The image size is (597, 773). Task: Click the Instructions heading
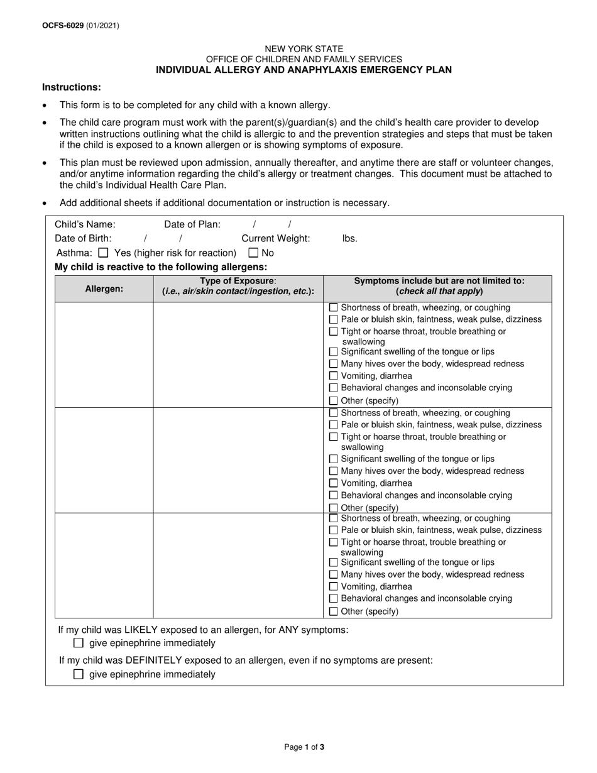pos(71,87)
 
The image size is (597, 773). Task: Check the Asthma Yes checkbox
pos(104,253)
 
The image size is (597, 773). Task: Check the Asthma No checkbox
pos(253,253)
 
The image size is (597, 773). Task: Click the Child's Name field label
pos(85,224)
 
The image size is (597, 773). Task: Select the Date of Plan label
pos(192,224)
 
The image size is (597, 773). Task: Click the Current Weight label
pos(276,239)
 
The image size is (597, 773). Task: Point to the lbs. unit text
pos(350,239)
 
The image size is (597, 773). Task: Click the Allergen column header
pos(104,288)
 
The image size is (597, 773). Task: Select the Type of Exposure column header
pos(238,286)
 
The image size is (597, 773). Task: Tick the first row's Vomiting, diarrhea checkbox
pos(334,376)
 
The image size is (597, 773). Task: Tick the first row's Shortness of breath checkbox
pos(334,308)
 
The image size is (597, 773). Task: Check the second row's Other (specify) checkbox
pos(334,508)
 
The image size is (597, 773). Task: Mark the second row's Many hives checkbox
pos(334,471)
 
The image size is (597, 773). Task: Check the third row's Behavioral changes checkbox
pos(334,599)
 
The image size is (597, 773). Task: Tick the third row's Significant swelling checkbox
pos(334,562)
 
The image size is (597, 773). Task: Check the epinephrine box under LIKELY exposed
pos(79,643)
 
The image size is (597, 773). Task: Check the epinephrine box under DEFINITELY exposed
pos(79,674)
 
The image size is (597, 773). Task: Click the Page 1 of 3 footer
pos(304,747)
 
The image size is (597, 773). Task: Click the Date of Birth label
pos(83,239)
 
